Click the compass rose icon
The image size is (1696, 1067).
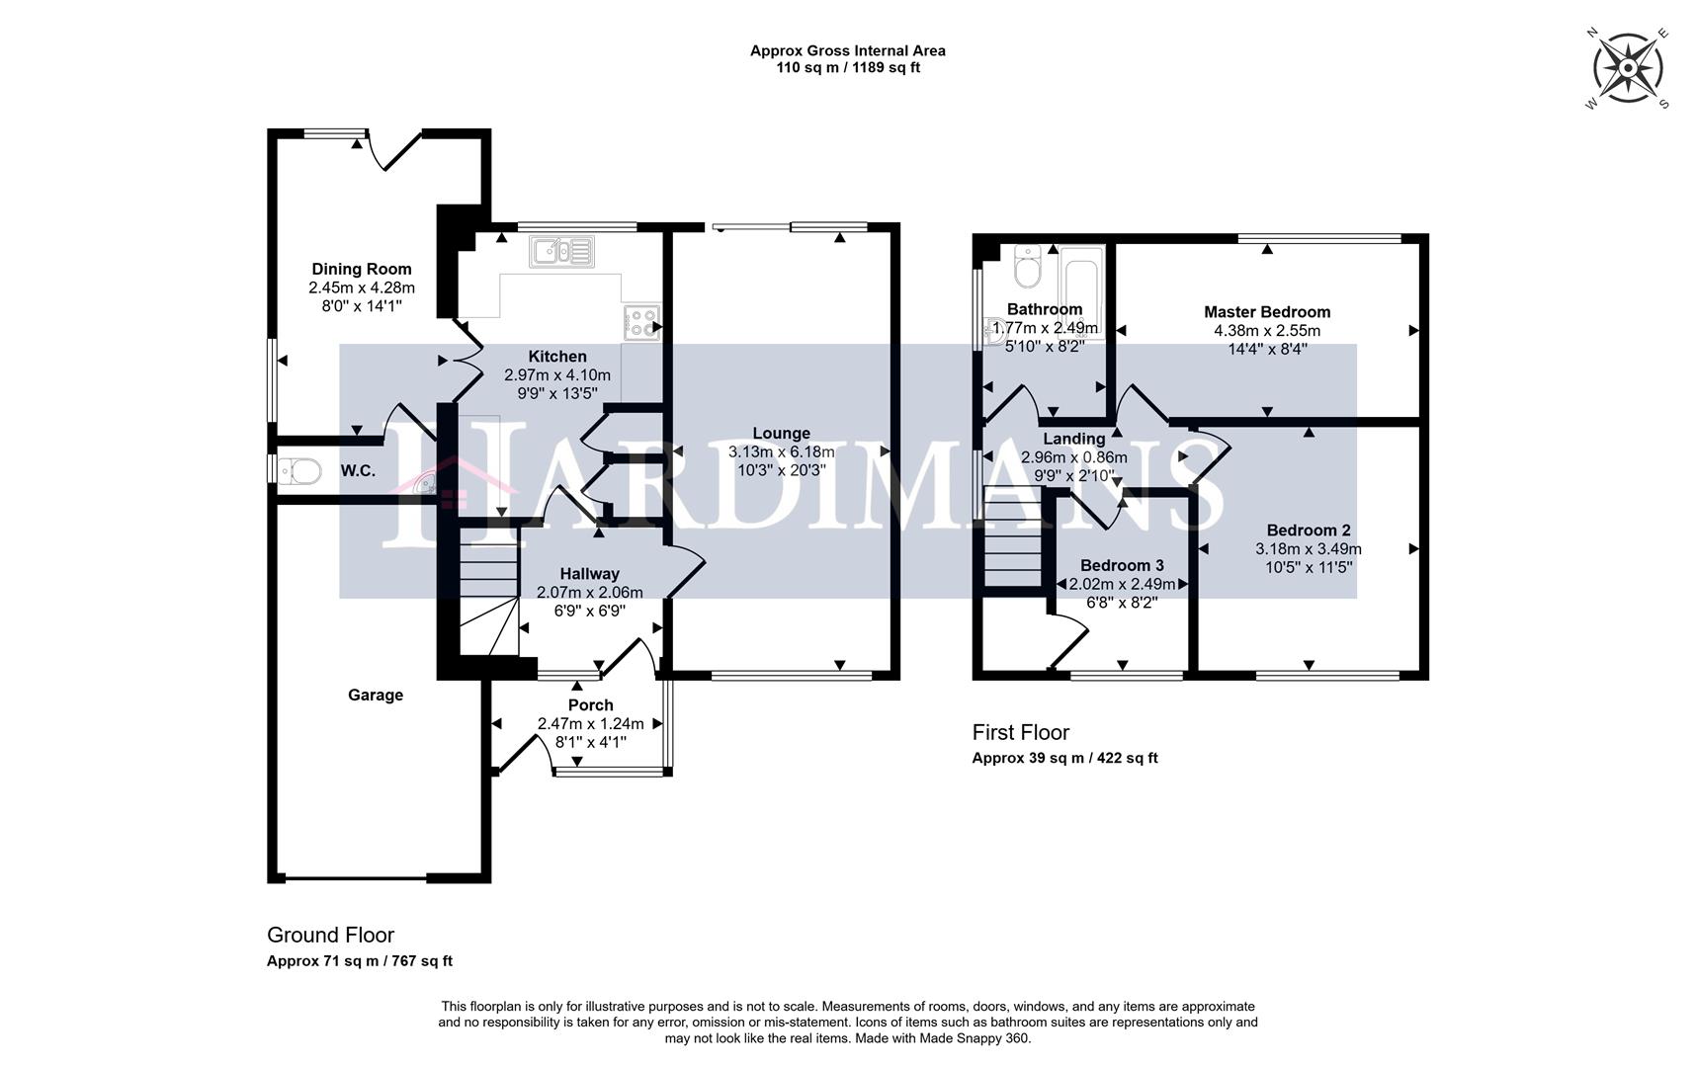point(1627,68)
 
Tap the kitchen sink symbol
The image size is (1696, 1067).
point(561,251)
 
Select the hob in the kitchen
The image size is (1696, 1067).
point(640,323)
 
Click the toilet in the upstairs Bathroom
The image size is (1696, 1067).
point(1029,267)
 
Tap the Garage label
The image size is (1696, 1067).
point(376,696)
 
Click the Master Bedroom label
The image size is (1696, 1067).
point(1267,312)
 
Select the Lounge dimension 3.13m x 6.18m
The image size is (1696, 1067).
point(781,452)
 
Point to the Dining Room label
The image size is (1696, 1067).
point(362,269)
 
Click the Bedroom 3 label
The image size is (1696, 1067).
point(1122,566)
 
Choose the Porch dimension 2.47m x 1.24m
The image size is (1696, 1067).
point(590,724)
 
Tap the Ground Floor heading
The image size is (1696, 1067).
point(330,935)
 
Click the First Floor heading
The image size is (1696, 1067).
point(1021,733)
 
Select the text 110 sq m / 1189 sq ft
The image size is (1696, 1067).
point(848,68)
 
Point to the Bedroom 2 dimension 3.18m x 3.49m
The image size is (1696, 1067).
point(1309,549)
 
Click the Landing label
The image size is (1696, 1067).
point(1074,439)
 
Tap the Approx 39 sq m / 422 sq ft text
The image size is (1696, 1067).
point(1064,759)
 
